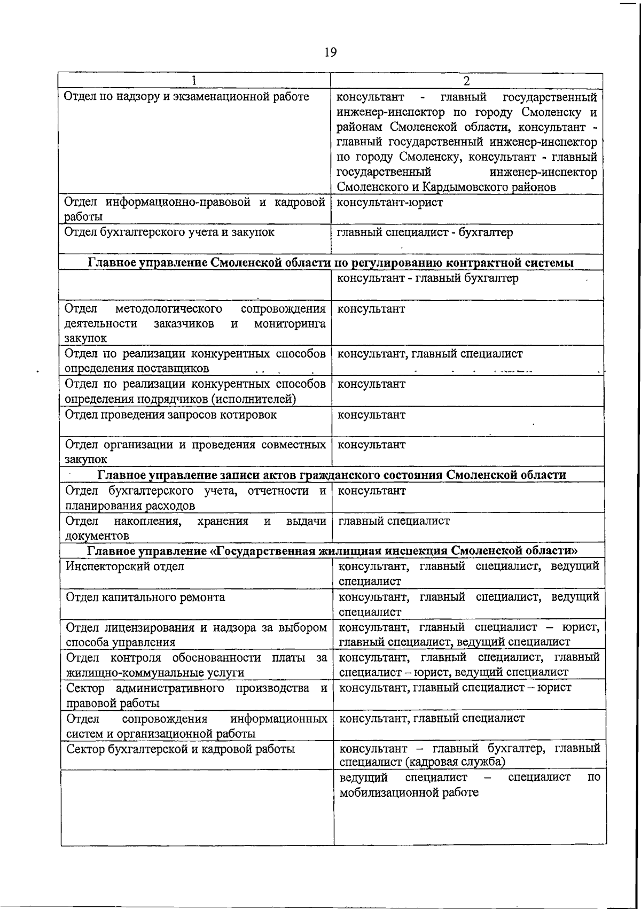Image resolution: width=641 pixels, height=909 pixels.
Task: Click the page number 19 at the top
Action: (330, 52)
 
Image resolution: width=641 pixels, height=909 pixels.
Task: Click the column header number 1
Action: (194, 81)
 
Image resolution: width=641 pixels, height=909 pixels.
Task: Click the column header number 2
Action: (466, 81)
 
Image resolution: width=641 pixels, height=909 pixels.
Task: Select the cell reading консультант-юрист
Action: (390, 203)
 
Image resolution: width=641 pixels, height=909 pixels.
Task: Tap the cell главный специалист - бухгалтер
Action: (425, 232)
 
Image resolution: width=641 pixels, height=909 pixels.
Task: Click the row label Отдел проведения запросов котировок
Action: (171, 415)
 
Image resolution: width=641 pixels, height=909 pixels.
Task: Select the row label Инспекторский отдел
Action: (125, 566)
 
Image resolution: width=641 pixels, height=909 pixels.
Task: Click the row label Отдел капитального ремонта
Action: (145, 597)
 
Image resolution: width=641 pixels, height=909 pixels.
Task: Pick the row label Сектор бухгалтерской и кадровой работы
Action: (181, 749)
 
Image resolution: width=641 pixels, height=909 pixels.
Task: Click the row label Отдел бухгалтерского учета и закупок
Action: (169, 232)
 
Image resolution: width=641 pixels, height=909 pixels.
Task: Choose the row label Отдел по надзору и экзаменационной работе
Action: (186, 97)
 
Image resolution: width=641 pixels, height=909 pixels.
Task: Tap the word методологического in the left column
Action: (169, 309)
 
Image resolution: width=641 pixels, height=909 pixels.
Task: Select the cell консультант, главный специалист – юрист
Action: (456, 688)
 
